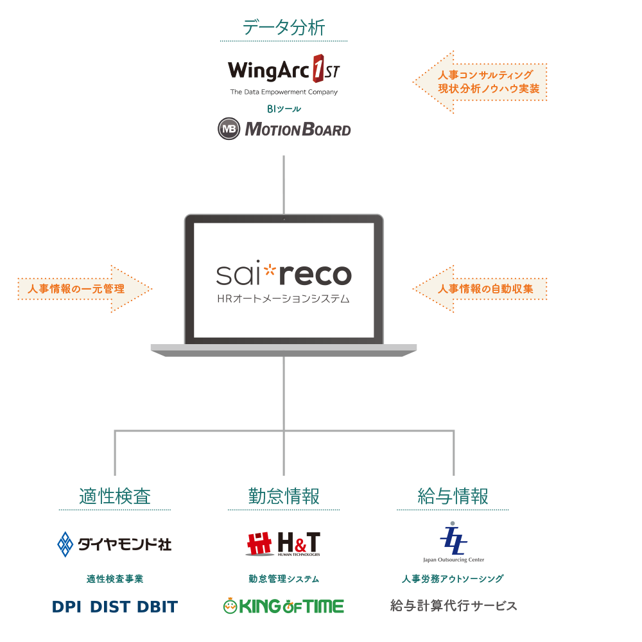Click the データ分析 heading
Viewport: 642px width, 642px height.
point(284,28)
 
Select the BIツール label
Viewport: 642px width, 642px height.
point(284,109)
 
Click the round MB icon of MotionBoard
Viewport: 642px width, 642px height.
point(229,128)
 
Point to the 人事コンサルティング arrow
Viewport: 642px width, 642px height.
point(480,82)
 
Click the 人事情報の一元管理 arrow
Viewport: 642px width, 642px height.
point(85,289)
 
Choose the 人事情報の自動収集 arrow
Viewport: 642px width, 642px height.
point(480,289)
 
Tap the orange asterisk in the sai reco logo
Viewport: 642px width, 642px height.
point(270,270)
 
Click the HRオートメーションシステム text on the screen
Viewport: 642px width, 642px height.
point(283,299)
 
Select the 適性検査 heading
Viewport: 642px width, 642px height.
point(115,496)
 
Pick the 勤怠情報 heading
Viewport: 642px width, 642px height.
point(284,496)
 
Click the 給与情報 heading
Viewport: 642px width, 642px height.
point(453,496)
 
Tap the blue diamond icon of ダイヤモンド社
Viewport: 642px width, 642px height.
point(65,544)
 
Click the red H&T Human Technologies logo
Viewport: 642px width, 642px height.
point(283,544)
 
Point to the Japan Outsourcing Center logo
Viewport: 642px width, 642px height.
point(453,542)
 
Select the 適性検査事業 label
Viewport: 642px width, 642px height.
point(115,579)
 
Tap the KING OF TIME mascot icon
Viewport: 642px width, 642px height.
point(230,605)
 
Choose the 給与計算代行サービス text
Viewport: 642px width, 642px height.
point(453,605)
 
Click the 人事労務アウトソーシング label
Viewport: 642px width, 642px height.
point(453,579)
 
